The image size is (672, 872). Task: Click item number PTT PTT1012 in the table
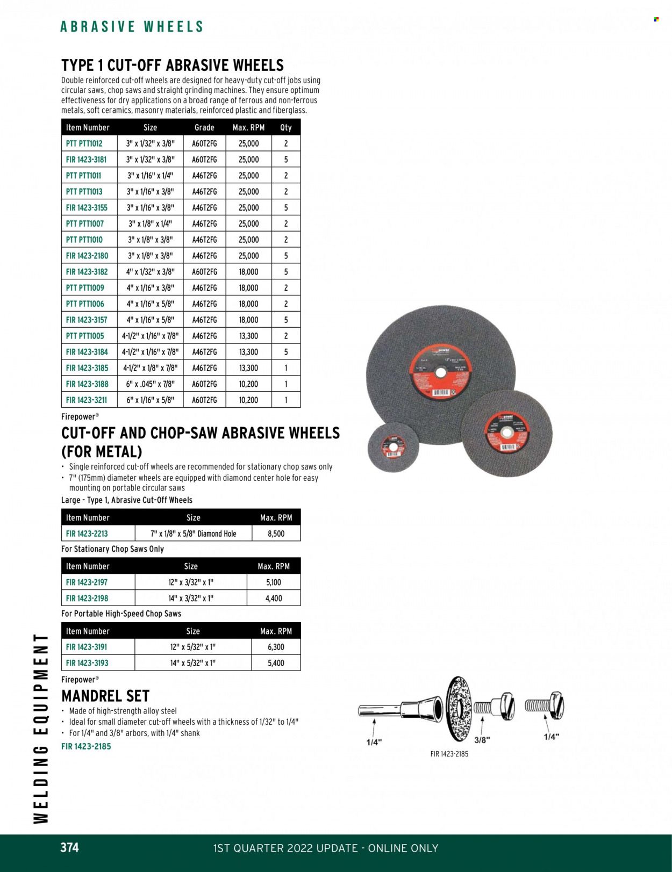pyautogui.click(x=84, y=143)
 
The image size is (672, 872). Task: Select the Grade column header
pyautogui.click(x=204, y=127)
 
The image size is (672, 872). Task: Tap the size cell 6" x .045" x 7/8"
pyautogui.click(x=150, y=384)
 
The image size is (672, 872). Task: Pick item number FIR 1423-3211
pyautogui.click(x=87, y=400)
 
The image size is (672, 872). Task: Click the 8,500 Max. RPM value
pyautogui.click(x=275, y=534)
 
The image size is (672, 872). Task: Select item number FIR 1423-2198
pyautogui.click(x=87, y=598)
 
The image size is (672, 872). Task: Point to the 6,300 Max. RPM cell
pyautogui.click(x=276, y=647)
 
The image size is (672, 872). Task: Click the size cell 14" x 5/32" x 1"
pyautogui.click(x=192, y=663)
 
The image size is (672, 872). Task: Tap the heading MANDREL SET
pyautogui.click(x=105, y=696)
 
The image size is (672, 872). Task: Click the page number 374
pyautogui.click(x=69, y=847)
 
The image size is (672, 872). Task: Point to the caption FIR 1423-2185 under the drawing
pyautogui.click(x=449, y=754)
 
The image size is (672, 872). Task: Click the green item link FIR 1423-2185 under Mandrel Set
pyautogui.click(x=86, y=746)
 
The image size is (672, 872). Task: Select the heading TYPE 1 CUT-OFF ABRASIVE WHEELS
pyautogui.click(x=173, y=66)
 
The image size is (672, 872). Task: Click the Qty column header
pyautogui.click(x=285, y=127)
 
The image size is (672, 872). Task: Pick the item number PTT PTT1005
pyautogui.click(x=84, y=336)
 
